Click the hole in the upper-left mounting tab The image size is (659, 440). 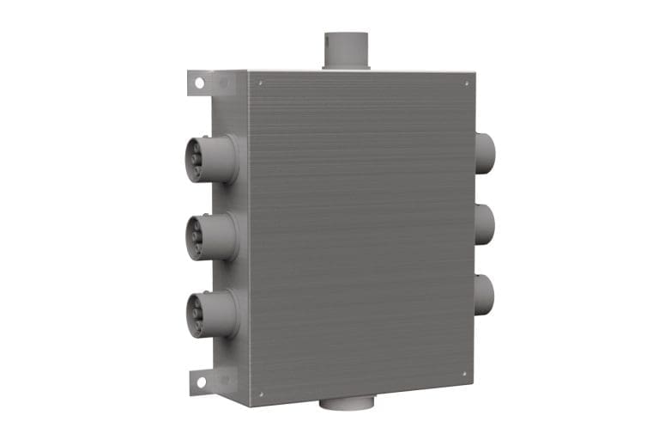(199, 83)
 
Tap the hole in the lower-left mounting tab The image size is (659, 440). (198, 380)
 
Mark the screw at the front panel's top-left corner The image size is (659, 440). (261, 83)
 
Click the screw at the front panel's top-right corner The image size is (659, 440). (466, 83)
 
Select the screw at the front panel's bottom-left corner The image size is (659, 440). (261, 394)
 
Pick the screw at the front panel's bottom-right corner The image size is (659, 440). (464, 374)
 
